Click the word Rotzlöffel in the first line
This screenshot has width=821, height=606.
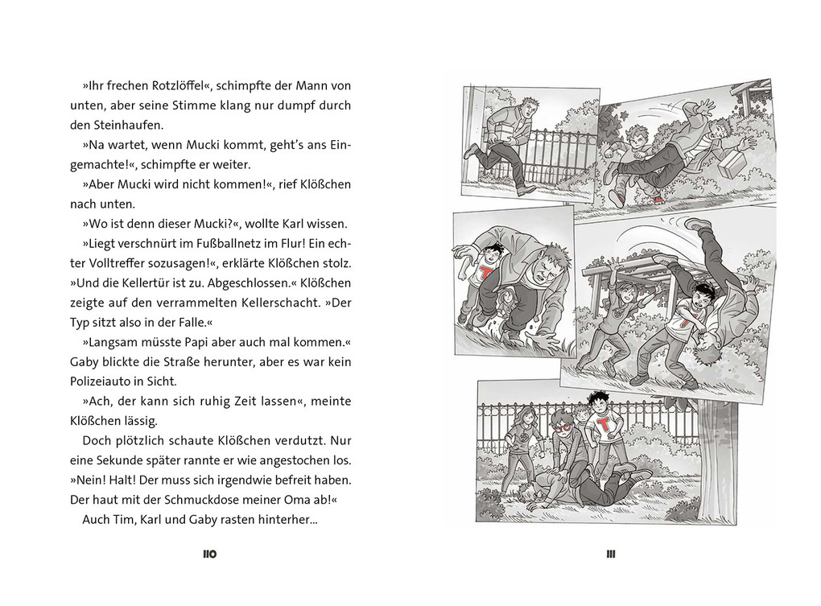click(167, 85)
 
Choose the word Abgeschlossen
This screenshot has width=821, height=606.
click(246, 282)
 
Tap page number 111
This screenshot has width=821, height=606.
click(611, 554)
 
